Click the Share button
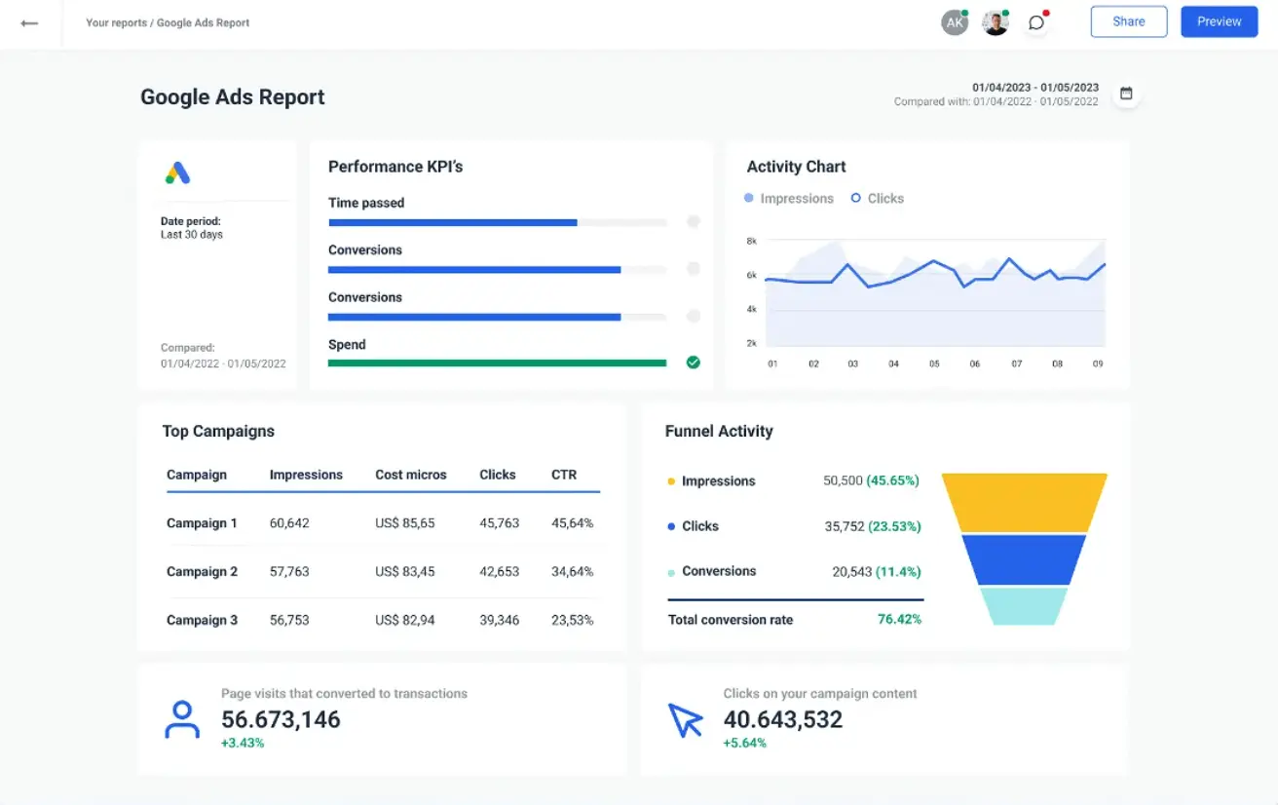[x=1128, y=21]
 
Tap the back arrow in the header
[x=29, y=22]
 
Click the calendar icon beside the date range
[x=1126, y=94]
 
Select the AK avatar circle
[x=955, y=22]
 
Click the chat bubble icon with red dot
[x=1036, y=22]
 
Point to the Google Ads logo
[x=177, y=173]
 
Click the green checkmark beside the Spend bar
[x=693, y=363]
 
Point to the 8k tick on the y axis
[x=751, y=241]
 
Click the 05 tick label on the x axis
[x=934, y=364]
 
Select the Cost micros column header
[x=410, y=475]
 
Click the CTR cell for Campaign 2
[x=572, y=571]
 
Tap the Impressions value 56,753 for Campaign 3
[x=289, y=620]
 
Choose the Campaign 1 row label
[x=202, y=523]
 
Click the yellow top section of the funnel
[x=1024, y=502]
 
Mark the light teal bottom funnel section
[x=1024, y=605]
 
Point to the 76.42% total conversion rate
[x=899, y=619]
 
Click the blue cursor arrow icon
[x=685, y=720]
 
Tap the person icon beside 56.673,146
[x=182, y=719]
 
